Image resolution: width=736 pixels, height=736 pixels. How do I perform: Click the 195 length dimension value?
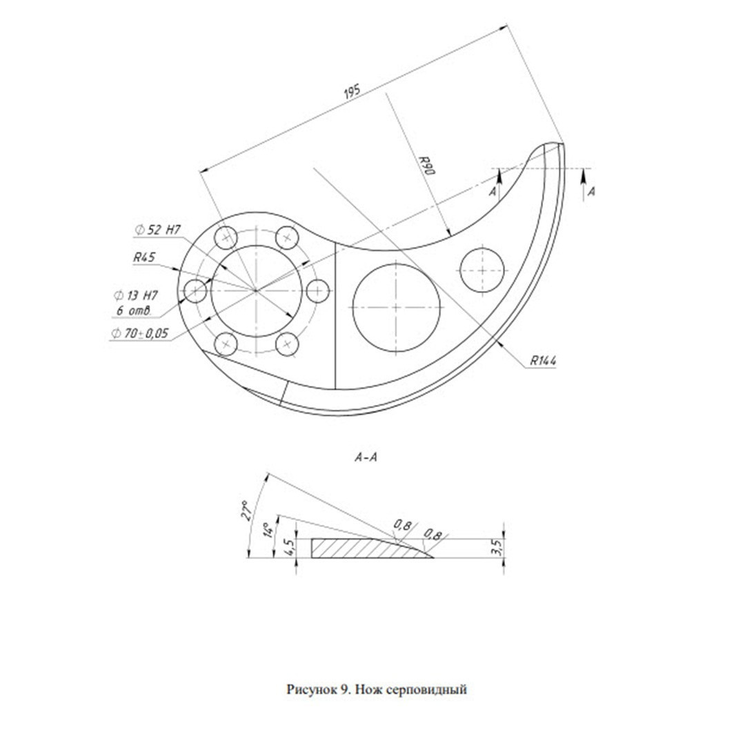point(352,91)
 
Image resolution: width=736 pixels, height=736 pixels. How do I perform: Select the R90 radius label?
point(428,166)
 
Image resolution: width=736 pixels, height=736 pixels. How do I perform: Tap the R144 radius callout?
point(543,361)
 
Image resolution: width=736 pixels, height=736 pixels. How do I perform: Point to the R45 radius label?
point(144,257)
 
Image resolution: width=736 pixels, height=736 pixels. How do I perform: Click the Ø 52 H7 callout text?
point(158,230)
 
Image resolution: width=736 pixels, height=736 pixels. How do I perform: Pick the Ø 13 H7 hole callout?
point(136,296)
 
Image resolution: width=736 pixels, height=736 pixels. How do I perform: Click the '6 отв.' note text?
point(134,310)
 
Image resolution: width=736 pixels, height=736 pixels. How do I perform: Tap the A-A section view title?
point(366,457)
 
